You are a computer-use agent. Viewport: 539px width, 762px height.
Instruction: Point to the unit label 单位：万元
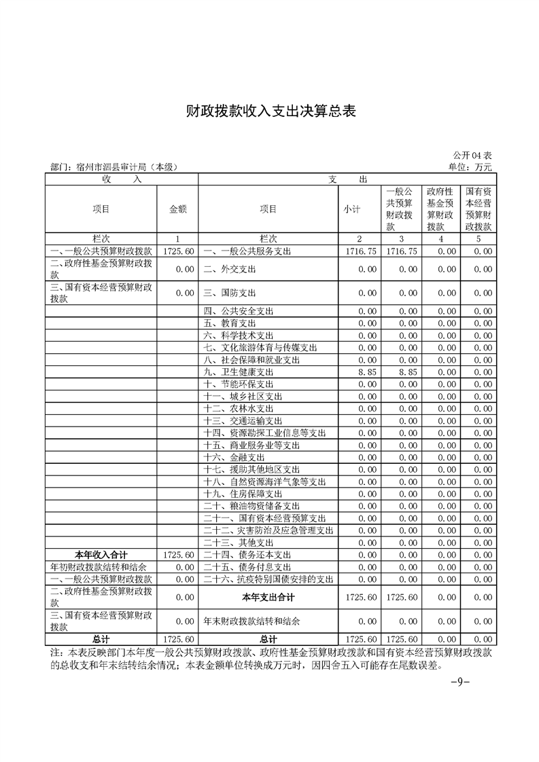(x=470, y=166)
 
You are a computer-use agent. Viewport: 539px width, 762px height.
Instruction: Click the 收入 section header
(x=122, y=179)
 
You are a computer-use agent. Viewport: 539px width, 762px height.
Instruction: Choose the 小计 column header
(x=351, y=209)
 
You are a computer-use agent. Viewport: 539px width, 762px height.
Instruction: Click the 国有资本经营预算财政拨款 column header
(x=479, y=209)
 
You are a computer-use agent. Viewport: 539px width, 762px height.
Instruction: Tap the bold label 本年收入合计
(x=101, y=555)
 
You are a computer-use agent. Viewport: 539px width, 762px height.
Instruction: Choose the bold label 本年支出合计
(x=268, y=597)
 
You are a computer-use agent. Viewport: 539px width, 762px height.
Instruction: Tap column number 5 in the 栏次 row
(x=479, y=239)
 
